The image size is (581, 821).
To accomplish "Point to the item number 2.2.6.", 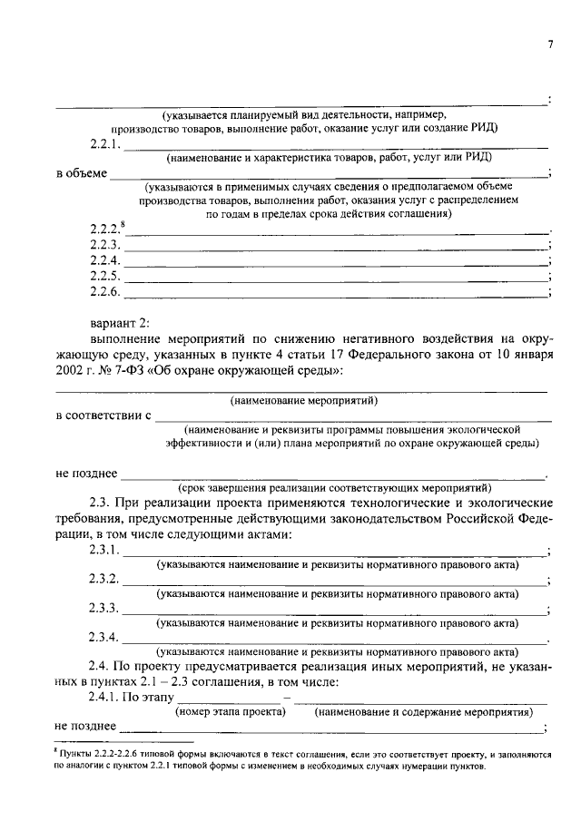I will [x=104, y=291].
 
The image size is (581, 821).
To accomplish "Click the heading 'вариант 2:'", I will [x=123, y=322].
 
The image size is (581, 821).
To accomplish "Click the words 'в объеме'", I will [x=81, y=172].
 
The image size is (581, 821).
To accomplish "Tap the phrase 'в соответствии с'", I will [x=102, y=415].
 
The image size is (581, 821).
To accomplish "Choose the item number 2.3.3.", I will [x=104, y=608].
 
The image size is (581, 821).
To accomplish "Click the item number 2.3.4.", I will [x=104, y=636].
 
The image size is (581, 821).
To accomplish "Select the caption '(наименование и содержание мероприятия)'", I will [x=423, y=712].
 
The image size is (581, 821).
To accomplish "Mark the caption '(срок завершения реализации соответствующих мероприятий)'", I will [x=335, y=486].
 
